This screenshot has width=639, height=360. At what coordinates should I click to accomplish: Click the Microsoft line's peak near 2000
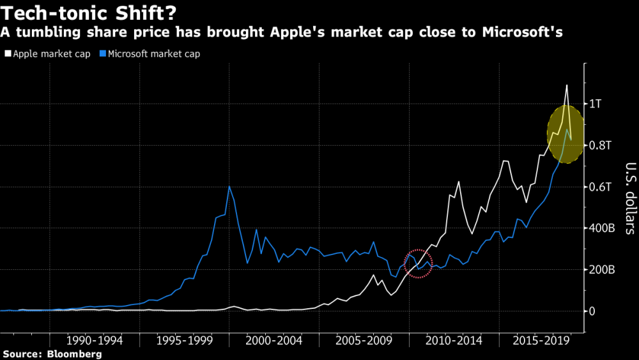click(x=229, y=186)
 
